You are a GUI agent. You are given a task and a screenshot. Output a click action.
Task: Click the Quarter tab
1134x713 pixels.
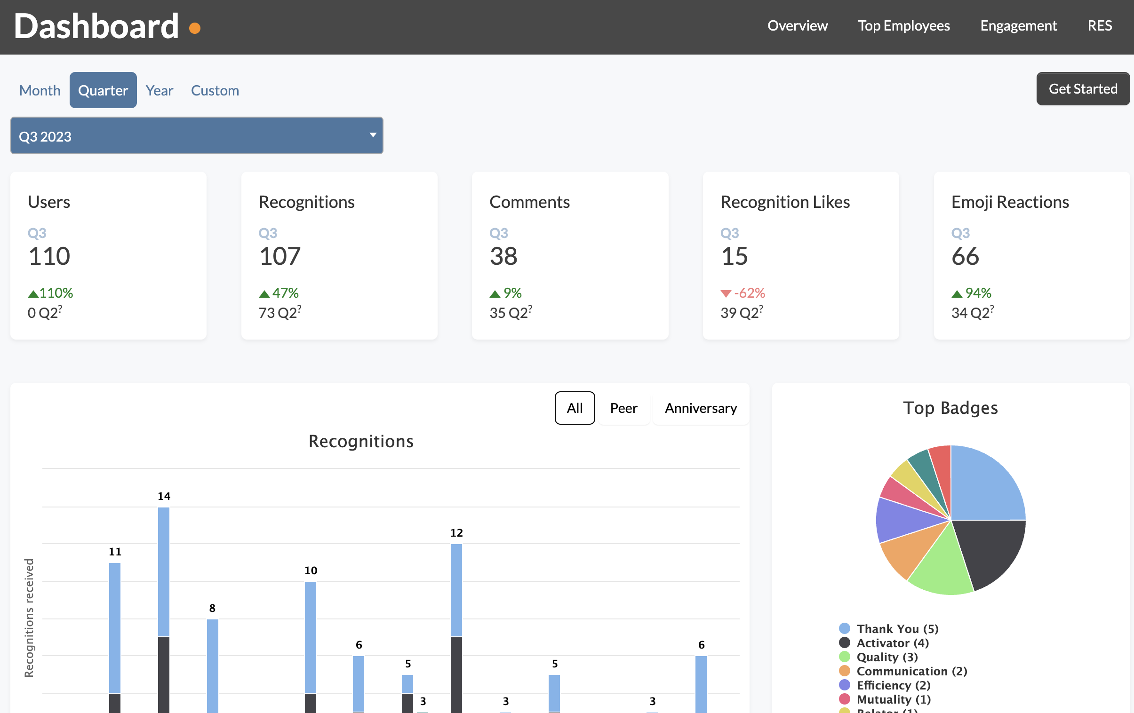coord(103,90)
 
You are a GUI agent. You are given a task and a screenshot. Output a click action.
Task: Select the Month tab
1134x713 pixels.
coord(40,90)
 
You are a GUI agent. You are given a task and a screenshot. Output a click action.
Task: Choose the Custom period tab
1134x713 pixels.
coord(215,90)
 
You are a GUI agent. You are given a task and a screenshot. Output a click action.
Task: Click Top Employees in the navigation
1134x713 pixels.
coord(903,25)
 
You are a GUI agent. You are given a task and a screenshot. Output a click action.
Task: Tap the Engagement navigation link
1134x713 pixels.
coord(1018,25)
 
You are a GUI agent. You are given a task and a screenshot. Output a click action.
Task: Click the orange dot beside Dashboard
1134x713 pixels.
coord(194,28)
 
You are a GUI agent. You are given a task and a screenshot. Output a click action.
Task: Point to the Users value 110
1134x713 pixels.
coord(49,256)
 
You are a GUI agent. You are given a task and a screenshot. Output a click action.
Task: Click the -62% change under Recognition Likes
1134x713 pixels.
coord(749,293)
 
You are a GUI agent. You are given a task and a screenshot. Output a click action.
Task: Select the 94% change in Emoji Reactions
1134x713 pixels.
coord(978,293)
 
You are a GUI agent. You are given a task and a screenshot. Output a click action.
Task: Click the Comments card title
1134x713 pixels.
coord(529,202)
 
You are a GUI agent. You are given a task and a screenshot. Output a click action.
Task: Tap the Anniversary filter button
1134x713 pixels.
coord(700,408)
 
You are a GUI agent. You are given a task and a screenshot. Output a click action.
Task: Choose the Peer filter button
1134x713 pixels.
coord(623,408)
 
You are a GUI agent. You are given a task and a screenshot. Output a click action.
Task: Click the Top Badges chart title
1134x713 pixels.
coord(950,408)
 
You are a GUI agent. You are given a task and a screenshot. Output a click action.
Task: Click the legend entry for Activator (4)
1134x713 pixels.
coord(892,643)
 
